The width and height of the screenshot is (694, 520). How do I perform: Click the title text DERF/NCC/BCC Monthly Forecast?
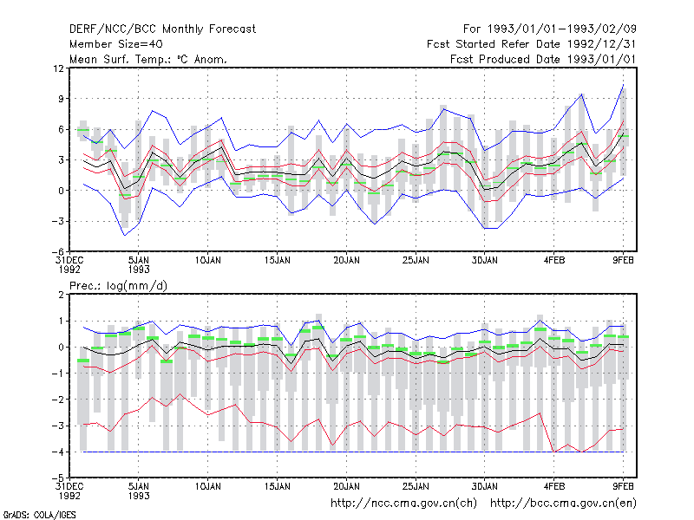pyautogui.click(x=162, y=29)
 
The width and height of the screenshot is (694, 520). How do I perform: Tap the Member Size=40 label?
pyautogui.click(x=116, y=44)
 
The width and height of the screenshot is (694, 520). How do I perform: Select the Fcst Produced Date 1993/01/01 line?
pyautogui.click(x=543, y=59)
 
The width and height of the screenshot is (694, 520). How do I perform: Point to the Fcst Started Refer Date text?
pyautogui.click(x=494, y=44)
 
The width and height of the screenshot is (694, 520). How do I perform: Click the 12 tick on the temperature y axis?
pyautogui.click(x=58, y=68)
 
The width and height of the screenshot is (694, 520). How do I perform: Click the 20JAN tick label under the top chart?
pyautogui.click(x=346, y=261)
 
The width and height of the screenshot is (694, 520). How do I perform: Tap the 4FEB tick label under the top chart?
pyautogui.click(x=554, y=261)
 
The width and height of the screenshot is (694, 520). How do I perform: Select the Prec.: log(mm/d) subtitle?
pyautogui.click(x=118, y=286)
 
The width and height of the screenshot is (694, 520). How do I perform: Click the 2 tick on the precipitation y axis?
pyautogui.click(x=61, y=295)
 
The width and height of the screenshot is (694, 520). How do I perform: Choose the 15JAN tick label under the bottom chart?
pyautogui.click(x=278, y=486)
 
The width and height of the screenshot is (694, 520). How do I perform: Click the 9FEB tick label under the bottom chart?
pyautogui.click(x=623, y=486)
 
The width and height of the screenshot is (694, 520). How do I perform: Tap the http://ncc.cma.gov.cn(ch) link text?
pyautogui.click(x=403, y=504)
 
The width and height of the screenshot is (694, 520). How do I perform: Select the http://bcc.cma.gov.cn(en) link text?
pyautogui.click(x=563, y=504)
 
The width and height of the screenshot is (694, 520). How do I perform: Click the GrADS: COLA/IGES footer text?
pyautogui.click(x=40, y=515)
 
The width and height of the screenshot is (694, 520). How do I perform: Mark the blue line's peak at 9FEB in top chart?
pyautogui.click(x=623, y=84)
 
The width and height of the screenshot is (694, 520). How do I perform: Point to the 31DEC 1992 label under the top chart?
pyautogui.click(x=69, y=265)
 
